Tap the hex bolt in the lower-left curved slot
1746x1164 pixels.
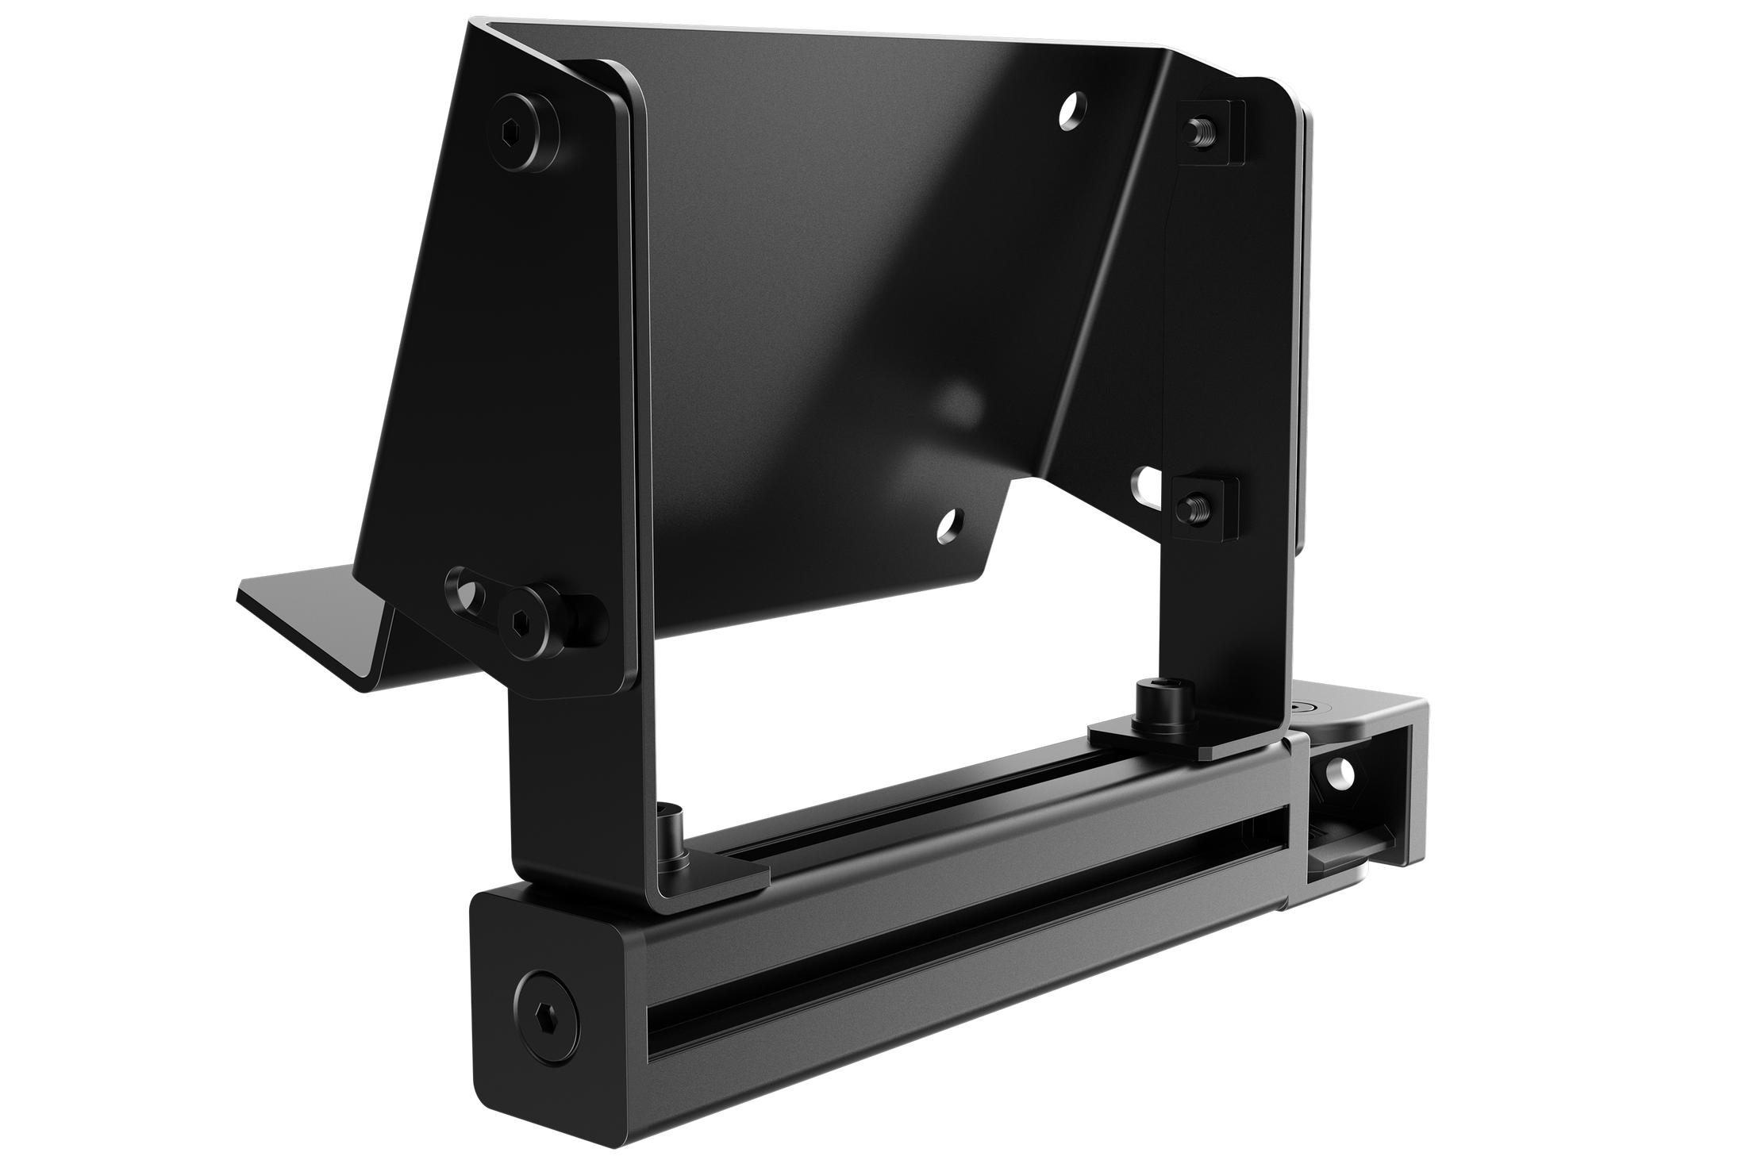tap(526, 619)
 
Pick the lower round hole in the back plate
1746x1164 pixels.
tap(948, 524)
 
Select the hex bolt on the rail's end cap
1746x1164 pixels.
tap(546, 987)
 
